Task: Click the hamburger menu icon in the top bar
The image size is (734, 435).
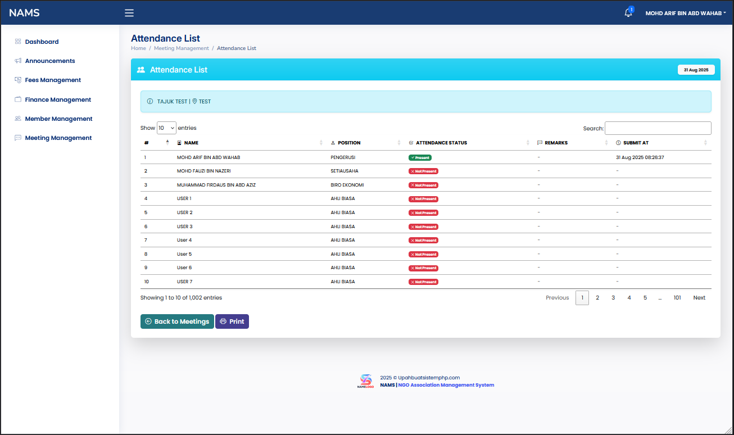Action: coord(129,13)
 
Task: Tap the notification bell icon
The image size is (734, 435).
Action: coord(628,13)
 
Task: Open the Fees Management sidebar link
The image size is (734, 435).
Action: coord(53,80)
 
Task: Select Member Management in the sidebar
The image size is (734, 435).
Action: coord(58,119)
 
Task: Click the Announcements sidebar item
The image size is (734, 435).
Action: coord(50,61)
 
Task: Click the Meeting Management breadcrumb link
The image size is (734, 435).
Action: coord(181,48)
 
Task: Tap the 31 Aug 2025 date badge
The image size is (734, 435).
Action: coord(696,70)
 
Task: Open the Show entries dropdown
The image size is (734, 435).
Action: coord(166,128)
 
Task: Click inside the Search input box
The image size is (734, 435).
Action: coord(658,128)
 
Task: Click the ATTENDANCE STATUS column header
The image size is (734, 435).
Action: coord(441,143)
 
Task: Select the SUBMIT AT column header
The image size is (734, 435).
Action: coord(636,143)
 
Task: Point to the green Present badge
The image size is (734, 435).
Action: coord(420,157)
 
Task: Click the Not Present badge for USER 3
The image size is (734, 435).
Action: coord(423,226)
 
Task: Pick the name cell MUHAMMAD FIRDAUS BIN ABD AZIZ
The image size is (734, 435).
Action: coord(216,185)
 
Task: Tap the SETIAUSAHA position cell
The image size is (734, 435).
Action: coord(345,171)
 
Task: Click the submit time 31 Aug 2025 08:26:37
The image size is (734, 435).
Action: coord(640,157)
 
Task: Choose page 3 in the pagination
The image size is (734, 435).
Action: coord(613,298)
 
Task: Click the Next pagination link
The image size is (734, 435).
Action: coord(699,298)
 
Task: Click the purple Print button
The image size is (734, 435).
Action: coord(232,321)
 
